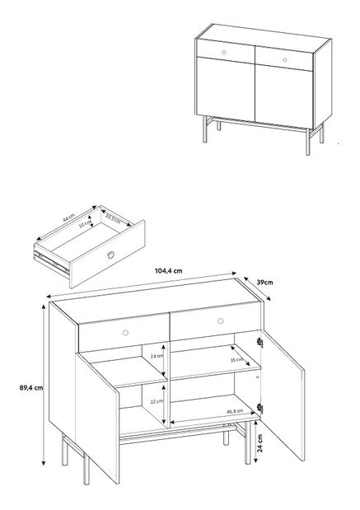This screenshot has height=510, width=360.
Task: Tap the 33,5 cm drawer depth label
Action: tap(110, 219)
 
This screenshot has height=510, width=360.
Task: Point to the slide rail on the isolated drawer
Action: tap(51, 262)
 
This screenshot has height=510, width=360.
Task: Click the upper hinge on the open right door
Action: tap(260, 344)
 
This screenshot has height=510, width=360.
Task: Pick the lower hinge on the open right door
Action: tap(260, 408)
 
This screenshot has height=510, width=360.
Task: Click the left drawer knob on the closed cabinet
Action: tap(226, 52)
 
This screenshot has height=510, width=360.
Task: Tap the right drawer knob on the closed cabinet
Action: tap(284, 59)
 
